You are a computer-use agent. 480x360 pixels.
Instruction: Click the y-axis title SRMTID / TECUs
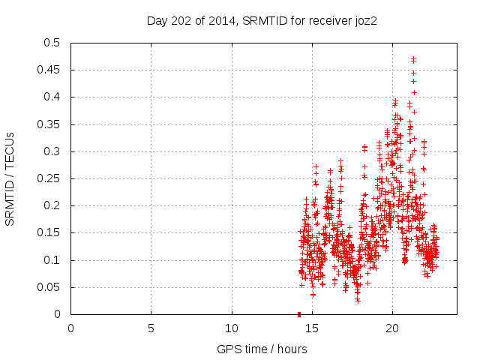pos(10,179)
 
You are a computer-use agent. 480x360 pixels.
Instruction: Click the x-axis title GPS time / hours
pos(261,349)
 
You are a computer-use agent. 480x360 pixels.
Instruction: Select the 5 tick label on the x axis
pos(151,328)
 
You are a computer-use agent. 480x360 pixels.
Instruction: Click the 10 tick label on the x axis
pos(231,328)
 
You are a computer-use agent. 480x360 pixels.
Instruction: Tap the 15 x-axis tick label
pos(312,328)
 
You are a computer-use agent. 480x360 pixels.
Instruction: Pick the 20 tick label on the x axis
pos(392,328)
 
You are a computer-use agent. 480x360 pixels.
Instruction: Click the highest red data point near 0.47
pos(413,59)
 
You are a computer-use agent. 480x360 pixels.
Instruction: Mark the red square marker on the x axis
pos(299,314)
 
